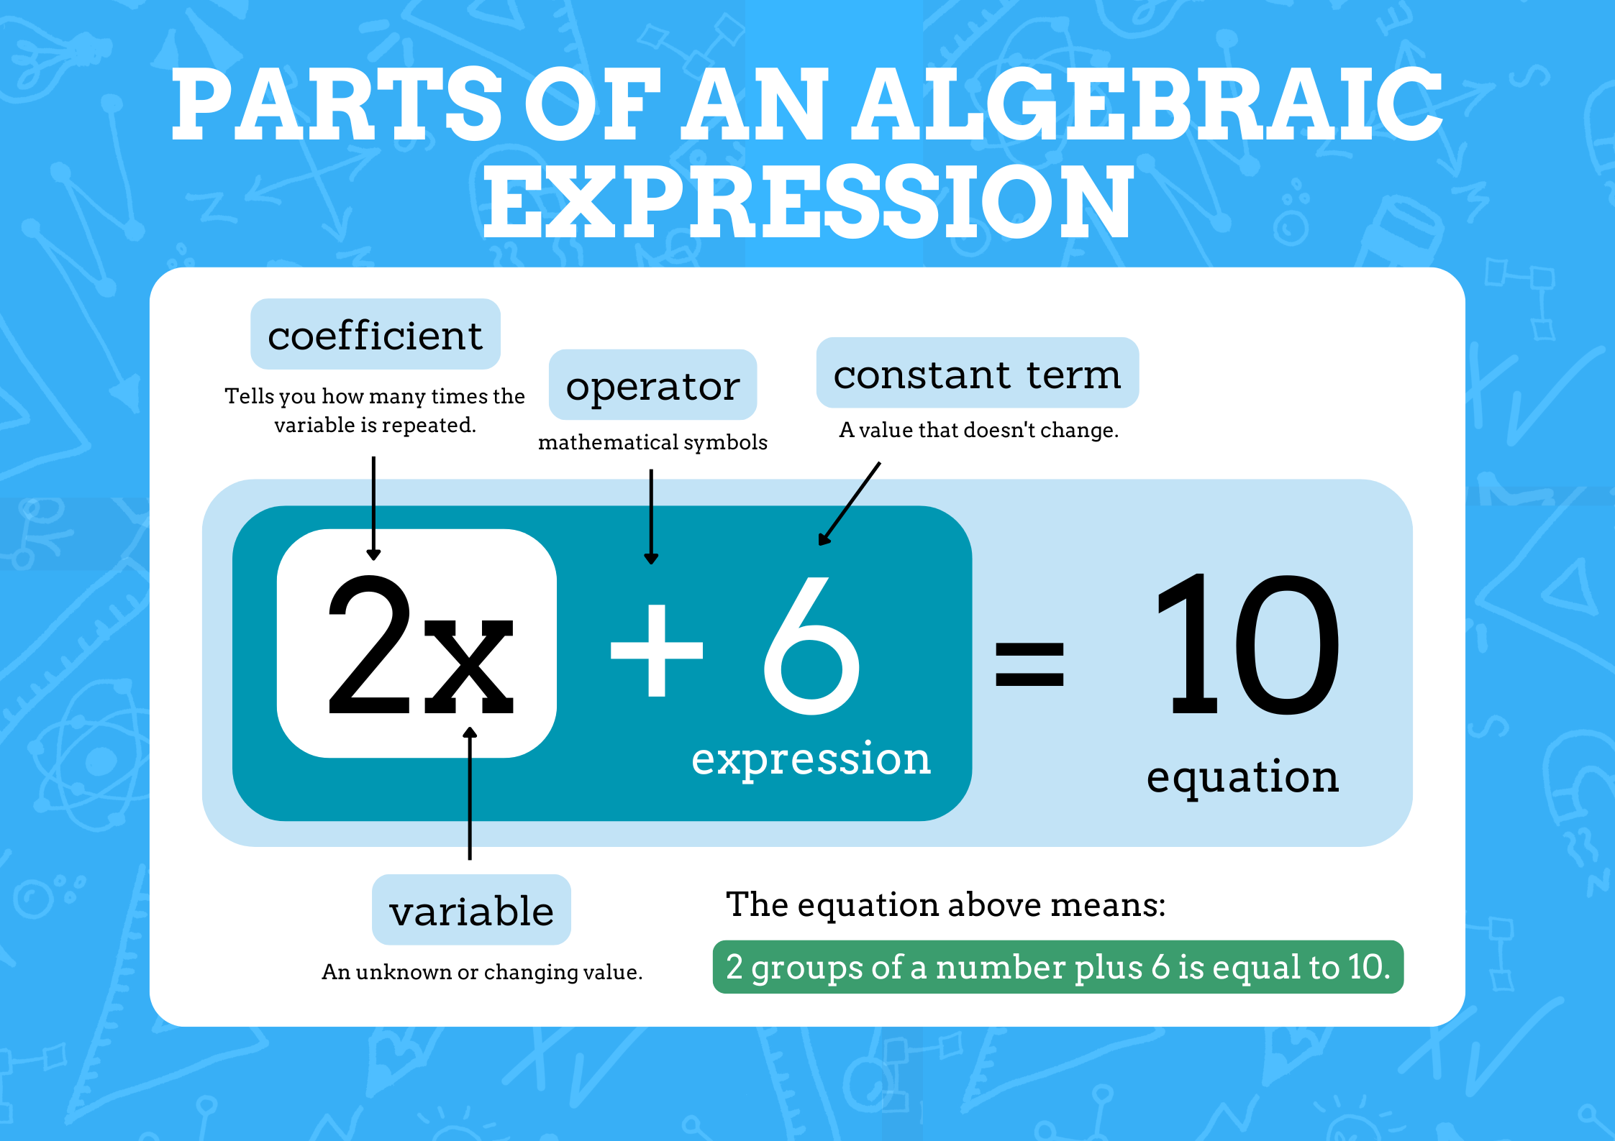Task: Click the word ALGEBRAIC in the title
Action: pyautogui.click(x=1147, y=104)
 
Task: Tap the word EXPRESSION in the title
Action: pyautogui.click(x=808, y=201)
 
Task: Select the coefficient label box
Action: pyautogui.click(x=375, y=334)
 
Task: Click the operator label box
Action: pyautogui.click(x=652, y=385)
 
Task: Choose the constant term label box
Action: pyautogui.click(x=977, y=373)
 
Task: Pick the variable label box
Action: pyautogui.click(x=471, y=910)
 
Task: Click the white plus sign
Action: pyautogui.click(x=656, y=650)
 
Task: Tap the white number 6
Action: pyautogui.click(x=811, y=646)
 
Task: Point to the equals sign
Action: pyautogui.click(x=1029, y=664)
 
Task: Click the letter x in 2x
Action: pyautogui.click(x=468, y=665)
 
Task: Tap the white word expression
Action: pyautogui.click(x=811, y=759)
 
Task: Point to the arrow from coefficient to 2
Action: pyautogui.click(x=373, y=508)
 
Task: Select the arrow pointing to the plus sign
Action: pyautogui.click(x=651, y=516)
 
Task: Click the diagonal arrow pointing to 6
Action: pyautogui.click(x=850, y=503)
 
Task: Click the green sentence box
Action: pyautogui.click(x=1057, y=967)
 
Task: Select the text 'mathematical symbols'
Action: pyautogui.click(x=652, y=442)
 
